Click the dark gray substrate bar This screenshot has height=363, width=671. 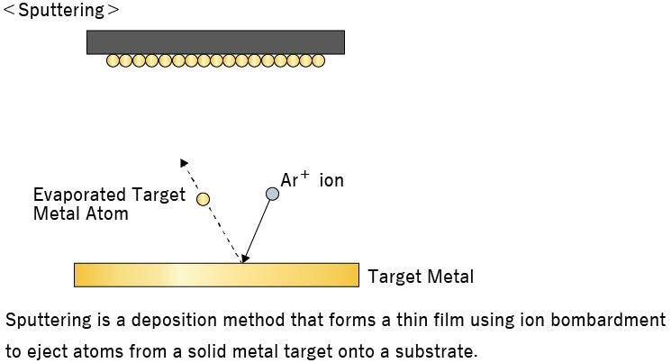click(215, 42)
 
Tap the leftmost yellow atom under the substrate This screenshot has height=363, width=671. click(113, 61)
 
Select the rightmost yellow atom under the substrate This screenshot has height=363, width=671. click(318, 61)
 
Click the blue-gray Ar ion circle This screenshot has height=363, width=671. click(272, 194)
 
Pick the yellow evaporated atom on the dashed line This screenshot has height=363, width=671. click(204, 199)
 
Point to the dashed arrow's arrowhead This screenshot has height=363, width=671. click(184, 163)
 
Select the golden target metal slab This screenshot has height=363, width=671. click(216, 275)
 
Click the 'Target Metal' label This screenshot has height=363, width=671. click(421, 277)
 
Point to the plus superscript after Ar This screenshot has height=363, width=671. click(305, 176)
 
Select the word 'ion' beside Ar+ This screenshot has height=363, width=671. click(331, 181)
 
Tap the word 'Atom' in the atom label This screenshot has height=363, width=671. click(107, 214)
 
